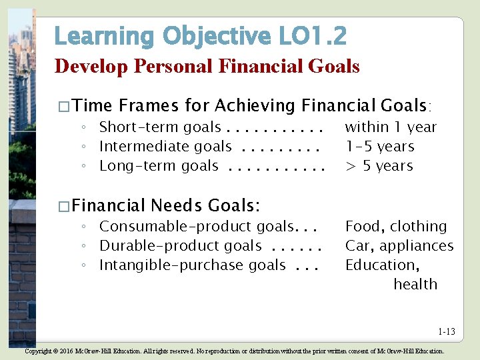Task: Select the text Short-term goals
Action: pos(160,127)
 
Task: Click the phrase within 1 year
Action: pos(391,127)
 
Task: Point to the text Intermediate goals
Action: pos(165,147)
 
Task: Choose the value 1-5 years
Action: pos(379,147)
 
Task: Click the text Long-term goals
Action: pos(159,166)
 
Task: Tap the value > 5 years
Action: pos(379,166)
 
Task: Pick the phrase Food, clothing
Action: pos(396,227)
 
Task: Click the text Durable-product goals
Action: pos(181,246)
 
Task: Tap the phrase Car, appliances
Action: pos(399,246)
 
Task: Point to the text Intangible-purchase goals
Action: pos(193,265)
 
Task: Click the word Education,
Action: pos(382,265)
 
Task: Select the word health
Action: pos(415,285)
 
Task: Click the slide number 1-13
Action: pos(447,331)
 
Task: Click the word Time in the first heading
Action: pos(93,105)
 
